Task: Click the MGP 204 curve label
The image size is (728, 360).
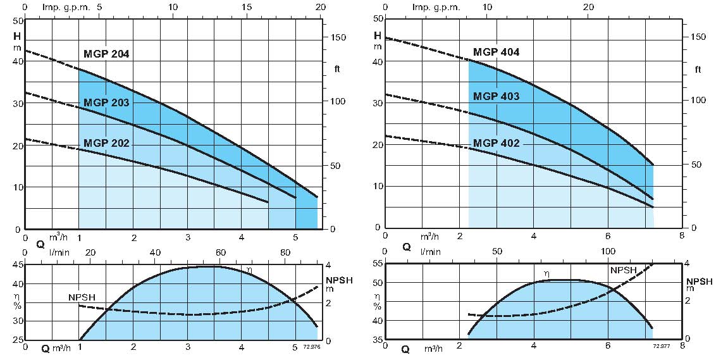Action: [x=106, y=54]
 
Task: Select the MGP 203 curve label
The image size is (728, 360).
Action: [x=106, y=102]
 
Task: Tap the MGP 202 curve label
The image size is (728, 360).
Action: [x=106, y=143]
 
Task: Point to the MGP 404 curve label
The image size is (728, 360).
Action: [x=497, y=52]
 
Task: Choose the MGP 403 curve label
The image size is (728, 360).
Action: [x=497, y=96]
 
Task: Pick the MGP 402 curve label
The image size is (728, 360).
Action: [x=497, y=144]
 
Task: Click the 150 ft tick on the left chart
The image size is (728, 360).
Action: [x=338, y=37]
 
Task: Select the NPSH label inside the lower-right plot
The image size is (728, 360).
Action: [x=624, y=270]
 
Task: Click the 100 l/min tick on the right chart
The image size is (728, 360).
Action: [x=608, y=251]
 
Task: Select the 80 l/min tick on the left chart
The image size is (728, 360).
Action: [x=286, y=252]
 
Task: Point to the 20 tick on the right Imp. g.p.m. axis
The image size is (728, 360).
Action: [x=588, y=7]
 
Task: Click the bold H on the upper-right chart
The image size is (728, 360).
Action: [x=377, y=35]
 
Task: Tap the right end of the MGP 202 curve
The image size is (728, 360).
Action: [x=268, y=202]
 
